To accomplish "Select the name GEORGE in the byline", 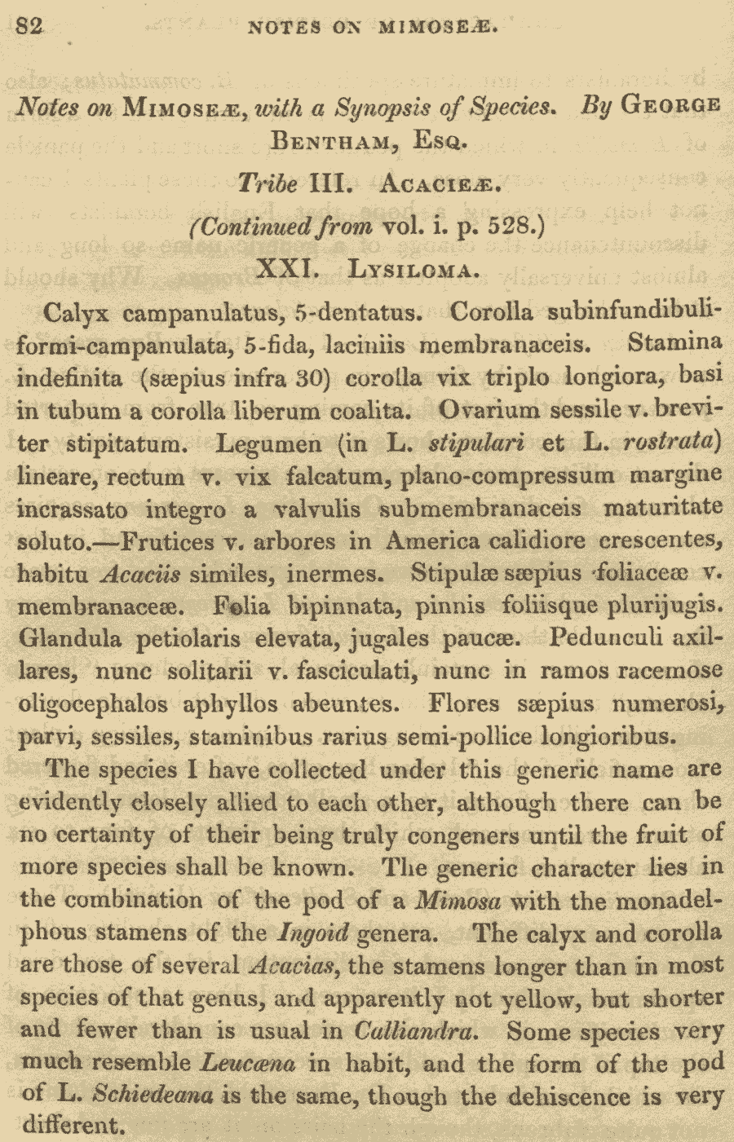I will [x=670, y=106].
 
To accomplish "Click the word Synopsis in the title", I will [x=381, y=106].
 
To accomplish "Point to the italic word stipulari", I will [x=475, y=443].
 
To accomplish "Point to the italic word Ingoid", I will [x=314, y=933].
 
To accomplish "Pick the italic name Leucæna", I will [x=248, y=1064].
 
